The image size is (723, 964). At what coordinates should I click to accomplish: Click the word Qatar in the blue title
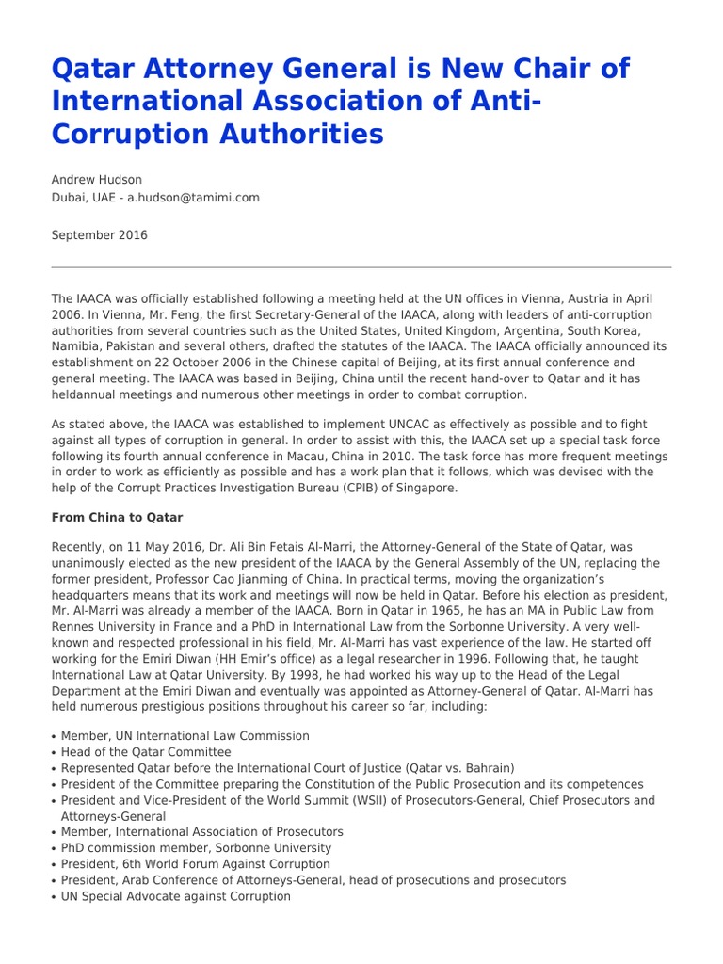pyautogui.click(x=87, y=70)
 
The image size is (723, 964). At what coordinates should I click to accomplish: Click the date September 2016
pyautogui.click(x=99, y=235)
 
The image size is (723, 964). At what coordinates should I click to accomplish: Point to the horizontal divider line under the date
pyautogui.click(x=361, y=267)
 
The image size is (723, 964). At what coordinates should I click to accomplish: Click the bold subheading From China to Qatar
pyautogui.click(x=118, y=518)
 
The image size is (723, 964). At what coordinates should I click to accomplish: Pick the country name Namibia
pyautogui.click(x=76, y=346)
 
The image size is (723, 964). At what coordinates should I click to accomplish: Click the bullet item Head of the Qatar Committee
pyautogui.click(x=146, y=752)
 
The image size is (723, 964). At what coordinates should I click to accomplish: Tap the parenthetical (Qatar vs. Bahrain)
pyautogui.click(x=451, y=768)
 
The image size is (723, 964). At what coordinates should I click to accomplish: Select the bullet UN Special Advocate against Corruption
pyautogui.click(x=176, y=896)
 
